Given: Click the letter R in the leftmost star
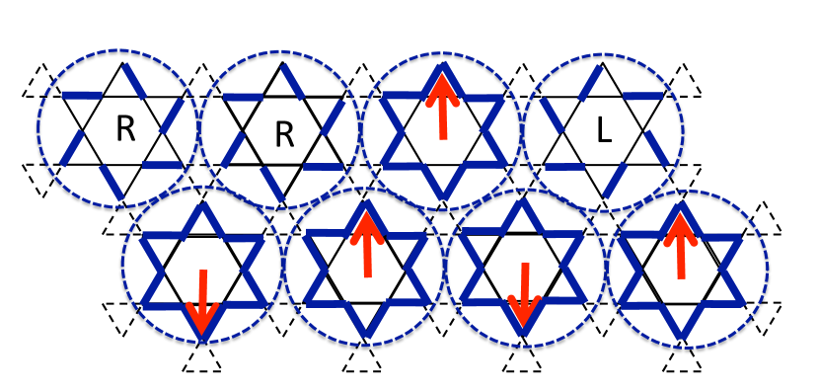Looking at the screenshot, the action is [x=124, y=128].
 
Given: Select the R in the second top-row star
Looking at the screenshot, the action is [x=284, y=134].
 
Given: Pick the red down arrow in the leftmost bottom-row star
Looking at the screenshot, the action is [x=202, y=302].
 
